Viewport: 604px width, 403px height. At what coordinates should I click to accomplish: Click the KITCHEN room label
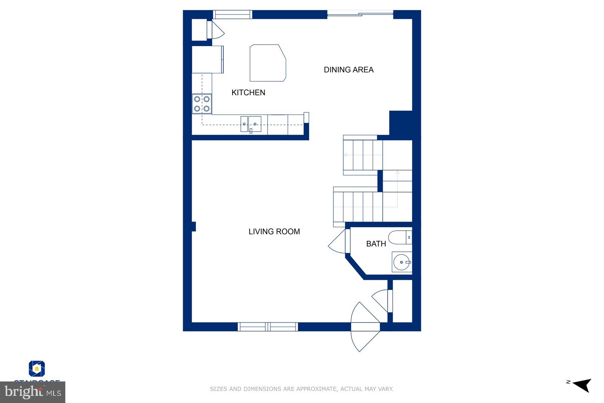pyautogui.click(x=248, y=92)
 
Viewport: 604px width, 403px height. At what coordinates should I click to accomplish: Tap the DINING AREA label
pyautogui.click(x=348, y=70)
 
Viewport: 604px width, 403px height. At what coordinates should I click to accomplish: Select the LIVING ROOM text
pyautogui.click(x=274, y=231)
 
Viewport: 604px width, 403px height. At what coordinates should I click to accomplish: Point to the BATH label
pyautogui.click(x=376, y=244)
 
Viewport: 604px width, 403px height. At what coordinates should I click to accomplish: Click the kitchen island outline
pyautogui.click(x=267, y=63)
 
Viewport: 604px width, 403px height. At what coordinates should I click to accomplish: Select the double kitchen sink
pyautogui.click(x=251, y=124)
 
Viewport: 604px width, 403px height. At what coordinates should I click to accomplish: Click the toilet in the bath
pyautogui.click(x=400, y=237)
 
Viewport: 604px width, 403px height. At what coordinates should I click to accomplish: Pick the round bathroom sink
pyautogui.click(x=401, y=262)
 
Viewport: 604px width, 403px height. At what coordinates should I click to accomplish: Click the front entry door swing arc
pyautogui.click(x=363, y=327)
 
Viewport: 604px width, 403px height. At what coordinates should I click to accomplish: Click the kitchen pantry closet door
pyautogui.click(x=216, y=30)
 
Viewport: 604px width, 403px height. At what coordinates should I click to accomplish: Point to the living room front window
pyautogui.click(x=268, y=327)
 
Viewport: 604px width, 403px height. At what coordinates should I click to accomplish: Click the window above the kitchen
pyautogui.click(x=232, y=14)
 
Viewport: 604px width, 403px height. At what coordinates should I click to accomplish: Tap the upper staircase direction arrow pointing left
pyautogui.click(x=345, y=155)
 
